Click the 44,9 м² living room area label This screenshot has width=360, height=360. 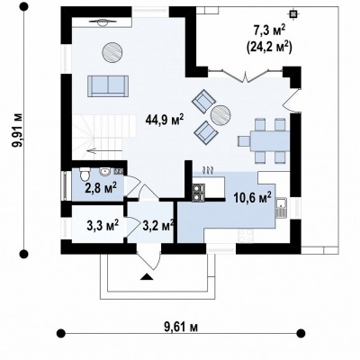pos(165,120)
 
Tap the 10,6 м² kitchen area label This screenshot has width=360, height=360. pos(253,198)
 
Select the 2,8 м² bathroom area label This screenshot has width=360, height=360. pos(101,188)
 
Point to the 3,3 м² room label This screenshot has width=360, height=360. pos(103,225)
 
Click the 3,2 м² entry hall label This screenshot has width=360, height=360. pos(157,225)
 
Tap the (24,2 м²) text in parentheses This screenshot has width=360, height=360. pos(270,47)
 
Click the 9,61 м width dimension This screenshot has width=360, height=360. pos(181,328)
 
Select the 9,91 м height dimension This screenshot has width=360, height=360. pos(16,130)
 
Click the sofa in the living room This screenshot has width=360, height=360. pos(108,86)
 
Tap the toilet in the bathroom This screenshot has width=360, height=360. pos(85,174)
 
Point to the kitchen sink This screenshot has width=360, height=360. pos(281,208)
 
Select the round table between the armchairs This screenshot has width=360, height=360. pos(220,114)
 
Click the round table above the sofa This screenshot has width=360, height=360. pos(112,52)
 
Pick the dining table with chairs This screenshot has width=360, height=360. pos(264,140)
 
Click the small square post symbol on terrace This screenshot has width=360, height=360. pos(292,13)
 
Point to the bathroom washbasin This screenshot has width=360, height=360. pos(105,172)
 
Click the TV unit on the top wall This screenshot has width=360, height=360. pos(102,22)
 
